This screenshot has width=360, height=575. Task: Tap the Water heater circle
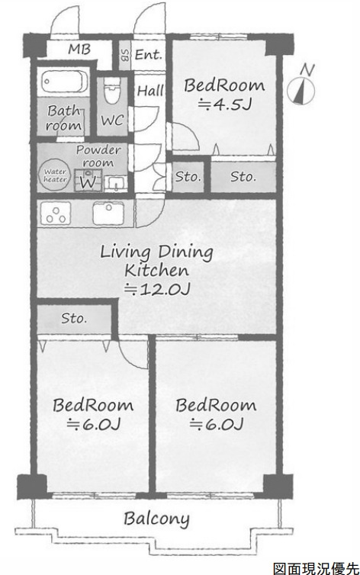(x=55, y=175)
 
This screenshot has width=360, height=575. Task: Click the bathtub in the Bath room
(x=64, y=82)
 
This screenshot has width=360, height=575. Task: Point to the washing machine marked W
(x=88, y=180)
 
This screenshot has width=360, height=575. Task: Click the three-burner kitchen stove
(x=56, y=213)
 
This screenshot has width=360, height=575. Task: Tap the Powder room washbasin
(x=116, y=183)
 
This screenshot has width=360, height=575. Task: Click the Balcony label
(x=156, y=519)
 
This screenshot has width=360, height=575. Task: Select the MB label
(x=79, y=49)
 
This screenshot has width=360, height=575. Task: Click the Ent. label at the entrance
(x=149, y=55)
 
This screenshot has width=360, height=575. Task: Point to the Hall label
(x=150, y=91)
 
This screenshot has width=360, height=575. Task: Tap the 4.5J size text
(x=224, y=104)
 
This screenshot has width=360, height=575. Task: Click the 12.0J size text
(x=157, y=290)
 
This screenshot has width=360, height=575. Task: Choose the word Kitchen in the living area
(x=156, y=271)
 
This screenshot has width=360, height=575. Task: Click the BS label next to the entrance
(x=125, y=56)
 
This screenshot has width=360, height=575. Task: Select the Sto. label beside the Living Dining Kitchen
(x=74, y=318)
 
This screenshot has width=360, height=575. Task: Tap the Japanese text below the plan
(x=316, y=568)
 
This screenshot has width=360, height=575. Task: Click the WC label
(x=113, y=120)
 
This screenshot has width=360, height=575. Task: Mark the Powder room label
(x=98, y=156)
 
